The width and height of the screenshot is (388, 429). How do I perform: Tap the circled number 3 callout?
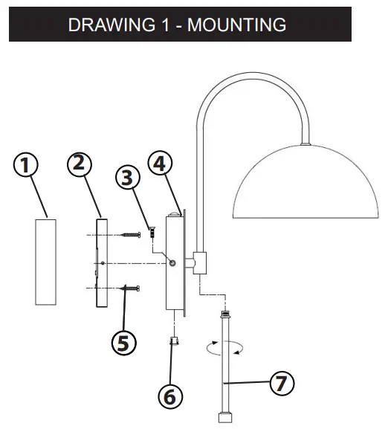128,178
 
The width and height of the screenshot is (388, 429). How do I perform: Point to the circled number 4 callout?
161,164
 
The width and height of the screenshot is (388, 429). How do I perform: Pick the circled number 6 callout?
171,396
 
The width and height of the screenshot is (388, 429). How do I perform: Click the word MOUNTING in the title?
236,25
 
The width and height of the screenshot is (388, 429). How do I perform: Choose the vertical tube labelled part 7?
223,364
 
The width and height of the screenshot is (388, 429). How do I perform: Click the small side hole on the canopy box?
172,262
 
